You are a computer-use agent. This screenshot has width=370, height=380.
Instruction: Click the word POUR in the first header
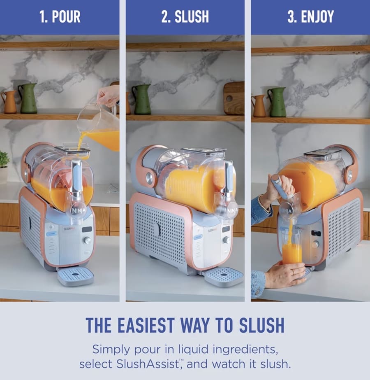coord(66,17)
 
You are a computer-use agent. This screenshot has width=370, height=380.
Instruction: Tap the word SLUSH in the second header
coord(192,17)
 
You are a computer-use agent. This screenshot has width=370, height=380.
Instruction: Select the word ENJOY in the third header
coord(317,17)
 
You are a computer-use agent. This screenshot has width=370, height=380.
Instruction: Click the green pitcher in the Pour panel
coord(28,98)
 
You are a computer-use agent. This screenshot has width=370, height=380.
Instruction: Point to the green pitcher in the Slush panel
coord(141,99)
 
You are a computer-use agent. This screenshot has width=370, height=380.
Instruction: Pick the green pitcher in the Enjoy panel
coord(277,102)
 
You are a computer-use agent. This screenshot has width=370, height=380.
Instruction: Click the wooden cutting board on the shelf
coord(234,98)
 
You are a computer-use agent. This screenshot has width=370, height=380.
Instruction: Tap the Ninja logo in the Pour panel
coord(78,210)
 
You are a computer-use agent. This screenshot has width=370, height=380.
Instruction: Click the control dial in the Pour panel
coord(87,240)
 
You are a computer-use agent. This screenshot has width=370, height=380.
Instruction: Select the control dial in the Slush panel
coord(227,240)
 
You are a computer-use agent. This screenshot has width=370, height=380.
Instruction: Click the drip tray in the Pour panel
coord(76,277)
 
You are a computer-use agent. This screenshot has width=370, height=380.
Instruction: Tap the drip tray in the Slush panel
coord(224,277)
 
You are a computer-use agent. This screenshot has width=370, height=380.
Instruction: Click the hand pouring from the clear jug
coord(108,96)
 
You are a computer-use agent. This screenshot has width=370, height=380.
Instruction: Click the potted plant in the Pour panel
coord(4,167)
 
